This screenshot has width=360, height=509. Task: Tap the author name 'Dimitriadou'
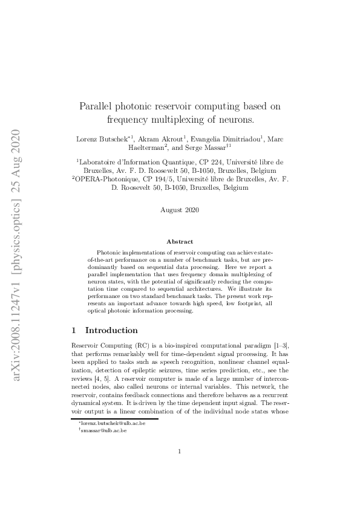(x=239, y=138)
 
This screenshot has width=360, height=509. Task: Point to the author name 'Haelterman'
(x=148, y=147)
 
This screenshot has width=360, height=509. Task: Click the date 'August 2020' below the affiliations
(x=180, y=210)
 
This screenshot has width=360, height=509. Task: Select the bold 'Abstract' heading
(x=180, y=241)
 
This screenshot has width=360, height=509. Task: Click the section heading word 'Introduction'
(x=111, y=331)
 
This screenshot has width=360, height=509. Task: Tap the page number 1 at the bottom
(x=180, y=467)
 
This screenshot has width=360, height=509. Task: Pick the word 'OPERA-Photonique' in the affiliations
(x=105, y=180)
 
